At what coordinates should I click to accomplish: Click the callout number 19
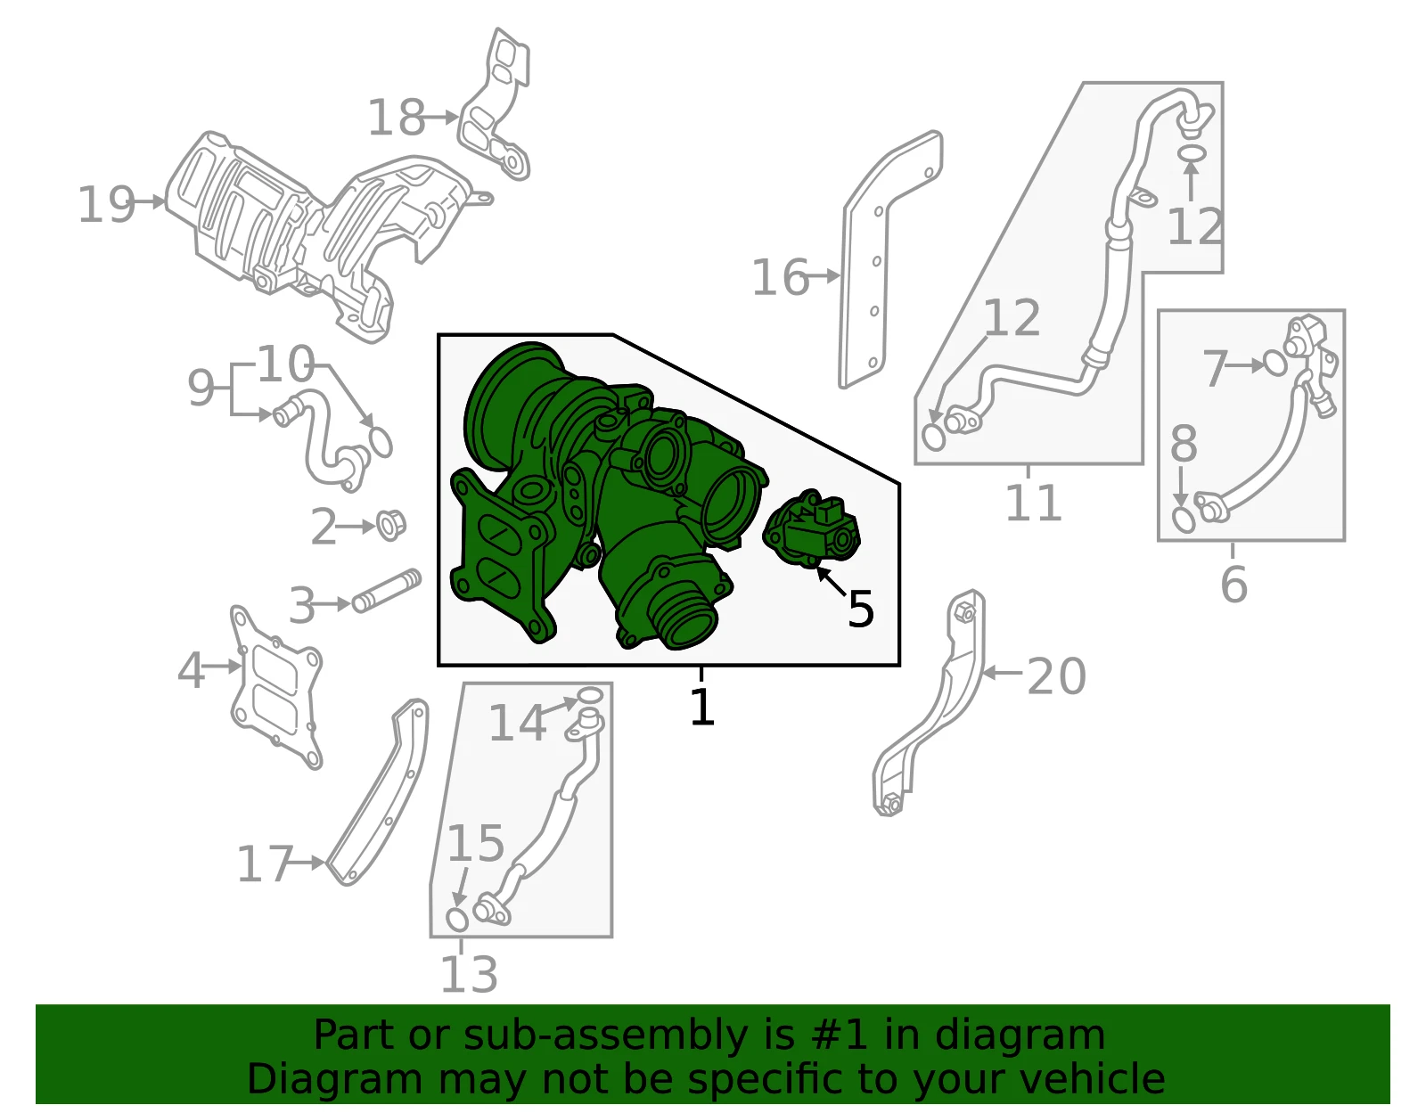(106, 205)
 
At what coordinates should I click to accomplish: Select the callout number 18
(396, 118)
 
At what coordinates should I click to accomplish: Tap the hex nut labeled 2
(391, 525)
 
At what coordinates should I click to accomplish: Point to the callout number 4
(191, 670)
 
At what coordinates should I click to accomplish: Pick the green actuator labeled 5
(812, 528)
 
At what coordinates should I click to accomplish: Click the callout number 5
(860, 609)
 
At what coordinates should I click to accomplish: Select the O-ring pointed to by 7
(1275, 363)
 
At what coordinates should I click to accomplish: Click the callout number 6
(1233, 583)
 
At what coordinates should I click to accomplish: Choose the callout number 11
(1033, 503)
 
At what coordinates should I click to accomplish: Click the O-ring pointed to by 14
(589, 696)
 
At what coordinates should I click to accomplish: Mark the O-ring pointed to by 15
(457, 919)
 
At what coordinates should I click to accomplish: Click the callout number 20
(1056, 676)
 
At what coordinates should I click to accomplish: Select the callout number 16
(780, 277)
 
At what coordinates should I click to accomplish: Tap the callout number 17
(264, 863)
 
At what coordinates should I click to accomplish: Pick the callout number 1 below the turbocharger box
(702, 706)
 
